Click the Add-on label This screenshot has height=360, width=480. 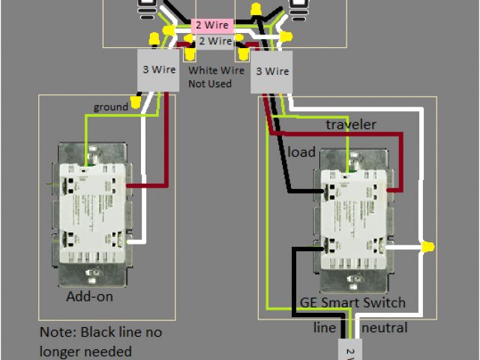(x=89, y=297)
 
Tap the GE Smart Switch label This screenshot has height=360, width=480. (x=352, y=303)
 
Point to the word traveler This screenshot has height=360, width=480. (x=351, y=124)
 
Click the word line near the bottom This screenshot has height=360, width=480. (x=325, y=328)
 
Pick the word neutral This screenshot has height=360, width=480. (x=385, y=328)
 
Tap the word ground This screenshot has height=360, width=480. (x=111, y=107)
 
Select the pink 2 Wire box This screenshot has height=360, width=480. (x=212, y=25)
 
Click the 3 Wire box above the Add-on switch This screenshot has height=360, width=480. (x=159, y=70)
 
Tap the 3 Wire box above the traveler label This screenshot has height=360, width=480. (x=271, y=72)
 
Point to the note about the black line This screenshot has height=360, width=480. (x=101, y=341)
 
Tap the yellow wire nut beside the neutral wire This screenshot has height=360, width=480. (x=428, y=246)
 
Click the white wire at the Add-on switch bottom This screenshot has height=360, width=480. (x=136, y=241)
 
